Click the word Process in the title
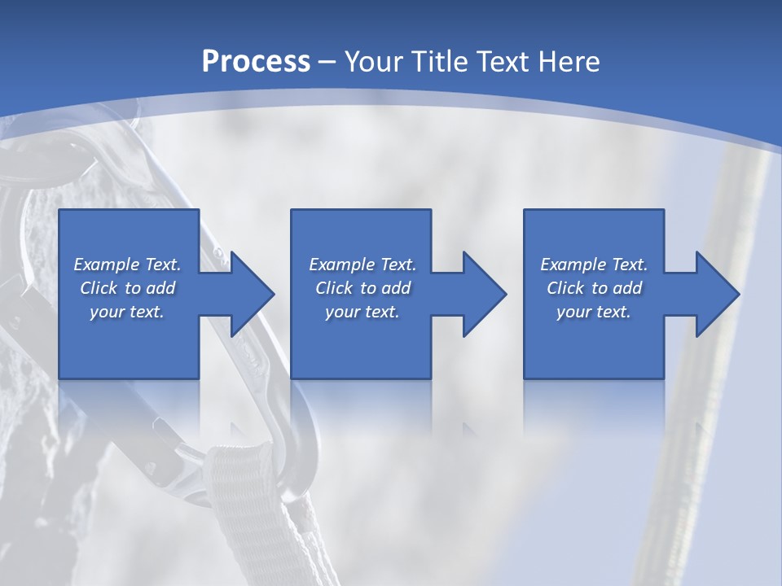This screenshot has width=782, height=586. pos(256,61)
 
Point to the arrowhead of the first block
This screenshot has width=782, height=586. pos(251,294)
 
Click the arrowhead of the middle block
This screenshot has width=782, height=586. pos(483,294)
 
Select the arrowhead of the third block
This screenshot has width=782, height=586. pos(715,294)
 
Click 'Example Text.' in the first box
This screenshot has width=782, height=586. pos(127,265)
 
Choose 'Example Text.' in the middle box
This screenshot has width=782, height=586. pos(362,265)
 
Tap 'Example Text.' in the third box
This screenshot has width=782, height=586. pos(594,265)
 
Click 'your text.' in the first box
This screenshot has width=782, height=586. pos(127,312)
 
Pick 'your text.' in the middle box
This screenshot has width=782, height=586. pos(362,312)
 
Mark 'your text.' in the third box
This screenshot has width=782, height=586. pos(594,312)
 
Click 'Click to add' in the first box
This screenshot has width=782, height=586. pos(127,288)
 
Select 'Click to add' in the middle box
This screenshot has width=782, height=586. pos(362,288)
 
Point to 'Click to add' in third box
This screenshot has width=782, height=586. pos(594,288)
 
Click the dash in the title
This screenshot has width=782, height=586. pos(327,62)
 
